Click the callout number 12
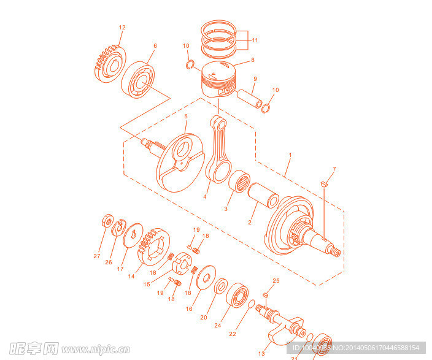click(121, 28)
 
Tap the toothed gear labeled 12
click(109, 64)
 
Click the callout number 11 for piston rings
click(255, 40)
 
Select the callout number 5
click(186, 116)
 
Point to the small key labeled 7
click(326, 182)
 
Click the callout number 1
click(290, 156)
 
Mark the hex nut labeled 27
click(105, 220)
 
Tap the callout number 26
click(109, 262)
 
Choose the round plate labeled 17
click(131, 237)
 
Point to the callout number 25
click(276, 280)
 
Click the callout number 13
click(261, 354)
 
